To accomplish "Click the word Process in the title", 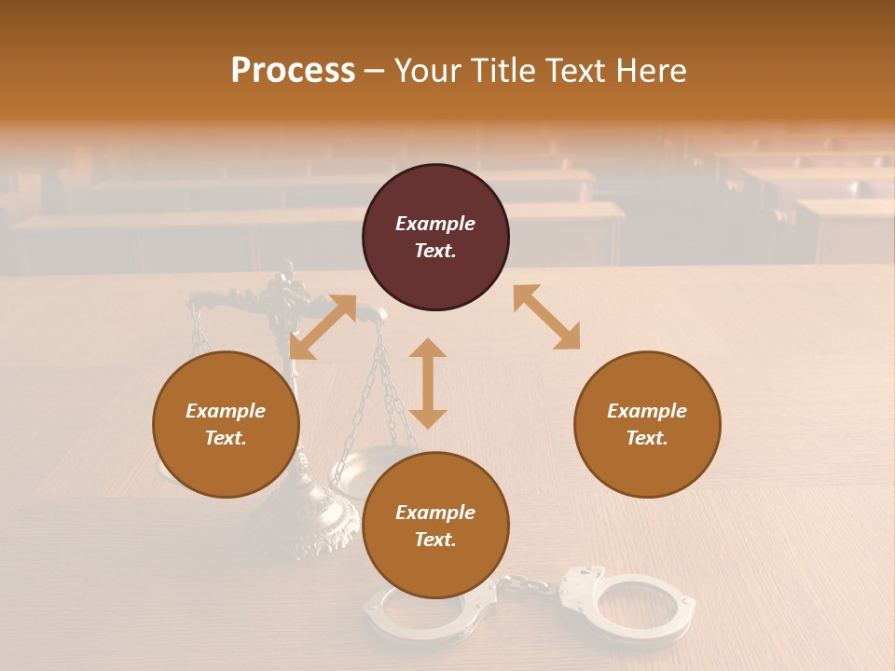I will point(293,71).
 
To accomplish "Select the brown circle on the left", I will point(226,424).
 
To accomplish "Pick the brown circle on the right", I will point(647,424).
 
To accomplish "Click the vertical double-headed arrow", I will point(428,383).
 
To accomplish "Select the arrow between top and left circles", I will point(323,326).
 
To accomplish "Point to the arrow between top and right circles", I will point(546,317).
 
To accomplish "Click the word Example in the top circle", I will point(435,224).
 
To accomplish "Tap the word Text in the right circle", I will point(647,438).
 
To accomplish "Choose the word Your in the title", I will point(426,71).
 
